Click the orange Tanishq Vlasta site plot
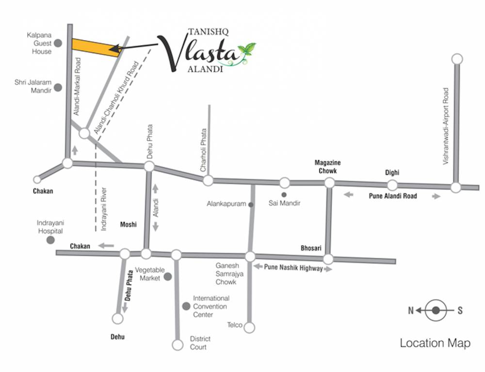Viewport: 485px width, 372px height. (x=96, y=47)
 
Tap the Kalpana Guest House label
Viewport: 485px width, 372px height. (x=39, y=43)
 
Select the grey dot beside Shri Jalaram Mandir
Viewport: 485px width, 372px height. (x=58, y=88)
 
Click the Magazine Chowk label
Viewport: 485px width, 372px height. (x=327, y=167)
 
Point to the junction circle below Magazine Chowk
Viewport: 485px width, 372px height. (x=329, y=183)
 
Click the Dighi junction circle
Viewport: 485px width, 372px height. (x=392, y=185)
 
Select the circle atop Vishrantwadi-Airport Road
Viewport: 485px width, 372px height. (x=456, y=59)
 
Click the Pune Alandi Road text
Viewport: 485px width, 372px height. (x=392, y=196)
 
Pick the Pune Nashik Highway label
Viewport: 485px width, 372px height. (x=293, y=268)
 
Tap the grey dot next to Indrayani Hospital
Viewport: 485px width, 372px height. (x=50, y=240)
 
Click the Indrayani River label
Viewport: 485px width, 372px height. (x=104, y=209)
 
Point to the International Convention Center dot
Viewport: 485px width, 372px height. (x=185, y=306)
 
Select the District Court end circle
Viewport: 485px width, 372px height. (x=178, y=345)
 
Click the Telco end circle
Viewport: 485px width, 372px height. (x=249, y=328)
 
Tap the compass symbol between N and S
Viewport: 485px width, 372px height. (x=436, y=310)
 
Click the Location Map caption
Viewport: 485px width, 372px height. (x=435, y=343)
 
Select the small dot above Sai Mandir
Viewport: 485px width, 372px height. (x=284, y=194)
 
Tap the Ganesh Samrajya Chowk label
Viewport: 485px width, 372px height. (x=226, y=273)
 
